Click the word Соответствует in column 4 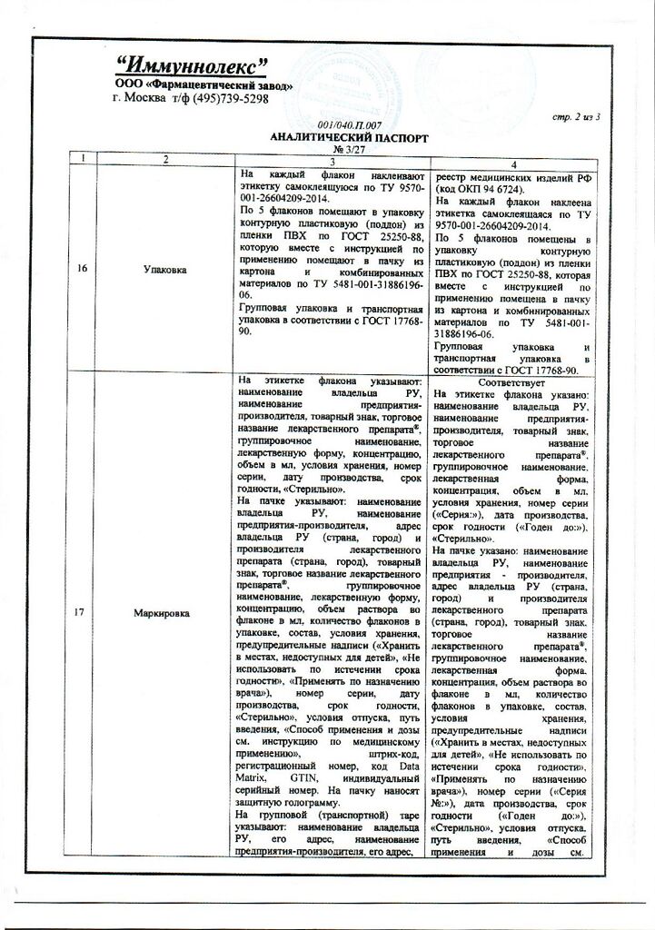512,382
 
